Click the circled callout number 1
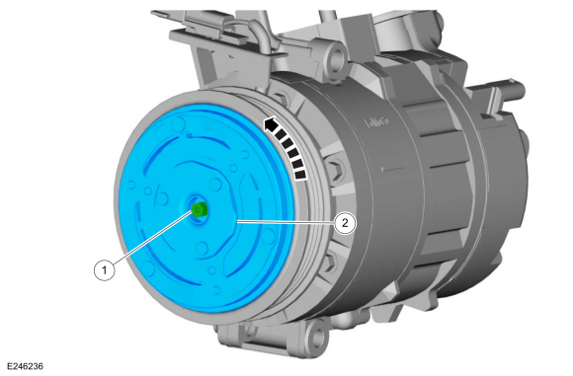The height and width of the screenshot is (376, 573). [104, 270]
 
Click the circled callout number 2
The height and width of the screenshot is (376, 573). [345, 223]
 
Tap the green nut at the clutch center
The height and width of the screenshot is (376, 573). [200, 210]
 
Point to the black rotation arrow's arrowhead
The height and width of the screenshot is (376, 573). [271, 125]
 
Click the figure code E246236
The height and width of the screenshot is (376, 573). [25, 366]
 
